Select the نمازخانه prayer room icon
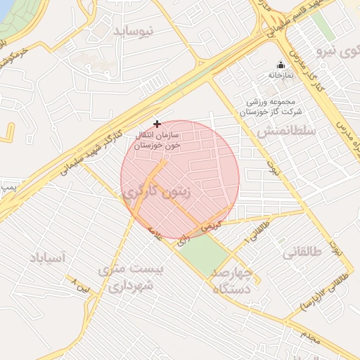[281, 65]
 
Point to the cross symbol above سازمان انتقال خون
[156, 123]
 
